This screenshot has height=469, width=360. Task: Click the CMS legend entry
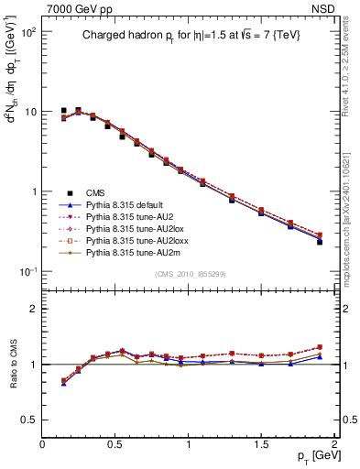click(x=95, y=192)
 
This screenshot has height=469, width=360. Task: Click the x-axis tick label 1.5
click(x=261, y=444)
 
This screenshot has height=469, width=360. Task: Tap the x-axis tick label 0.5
click(x=115, y=444)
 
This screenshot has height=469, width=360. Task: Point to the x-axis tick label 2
click(x=334, y=444)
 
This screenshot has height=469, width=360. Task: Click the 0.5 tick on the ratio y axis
click(x=30, y=420)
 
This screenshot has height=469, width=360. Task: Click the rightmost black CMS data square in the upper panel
click(x=320, y=242)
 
